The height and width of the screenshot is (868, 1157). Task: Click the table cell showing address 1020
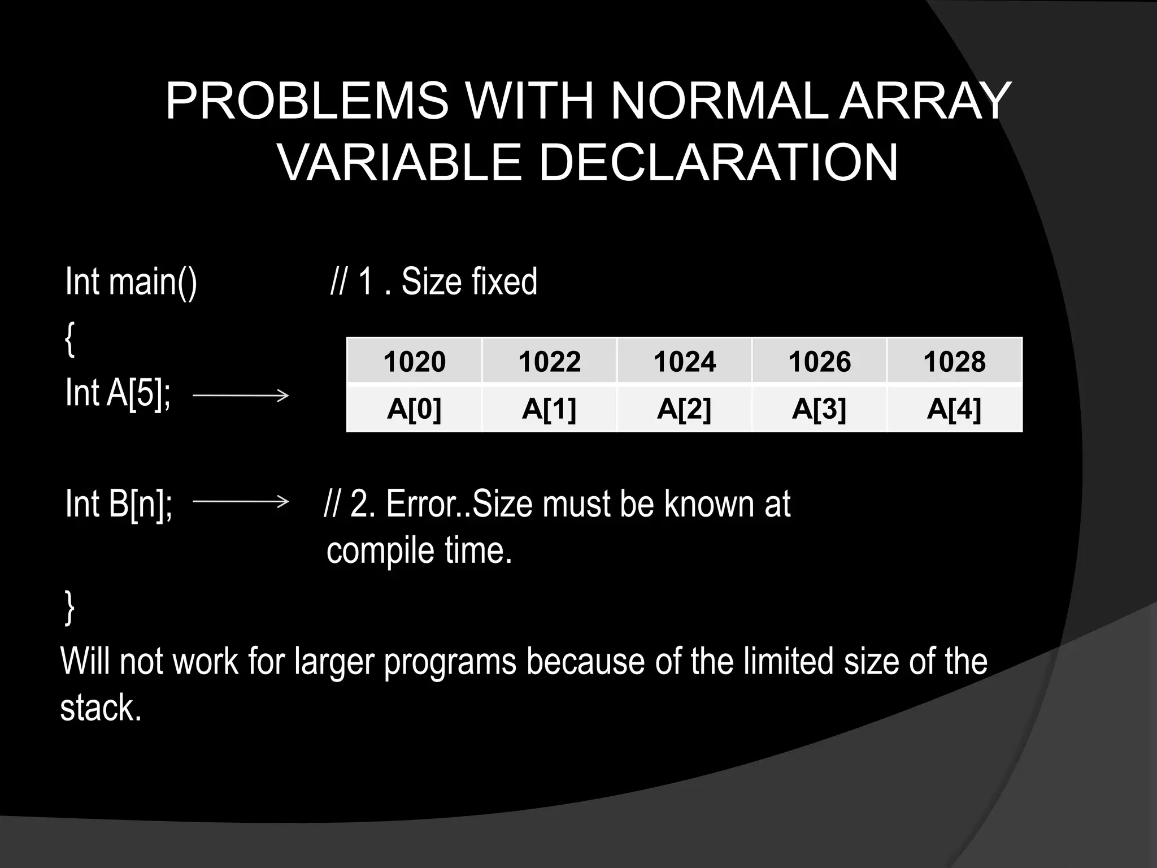click(414, 361)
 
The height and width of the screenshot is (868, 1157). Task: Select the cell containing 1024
click(684, 361)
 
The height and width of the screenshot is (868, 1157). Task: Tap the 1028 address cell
click(954, 361)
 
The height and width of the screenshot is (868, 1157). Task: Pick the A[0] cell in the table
click(414, 408)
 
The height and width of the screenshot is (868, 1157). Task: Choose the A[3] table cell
click(819, 408)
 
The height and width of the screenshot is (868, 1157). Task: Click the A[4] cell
click(954, 408)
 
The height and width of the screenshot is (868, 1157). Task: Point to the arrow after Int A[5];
click(241, 395)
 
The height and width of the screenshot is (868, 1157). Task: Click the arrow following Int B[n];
click(241, 501)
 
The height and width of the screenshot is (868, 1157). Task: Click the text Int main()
click(131, 281)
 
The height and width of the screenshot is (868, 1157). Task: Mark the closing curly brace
click(69, 607)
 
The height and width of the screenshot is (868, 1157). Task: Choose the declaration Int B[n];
click(119, 504)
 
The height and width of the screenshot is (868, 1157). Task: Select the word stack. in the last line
click(101, 708)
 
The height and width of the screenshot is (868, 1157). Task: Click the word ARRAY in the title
click(925, 102)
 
